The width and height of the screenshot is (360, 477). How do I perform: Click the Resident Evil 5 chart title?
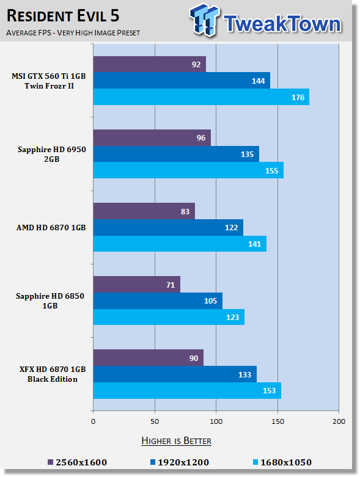pyautogui.click(x=63, y=16)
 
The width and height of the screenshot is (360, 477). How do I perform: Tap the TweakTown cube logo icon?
pyautogui.click(x=205, y=20)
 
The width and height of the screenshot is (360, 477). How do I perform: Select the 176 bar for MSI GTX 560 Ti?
pyautogui.click(x=201, y=97)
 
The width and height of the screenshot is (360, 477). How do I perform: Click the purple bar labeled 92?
pyautogui.click(x=149, y=64)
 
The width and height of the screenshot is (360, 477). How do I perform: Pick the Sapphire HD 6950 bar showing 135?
pyautogui.click(x=176, y=154)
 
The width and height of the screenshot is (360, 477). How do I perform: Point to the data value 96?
pyautogui.click(x=201, y=138)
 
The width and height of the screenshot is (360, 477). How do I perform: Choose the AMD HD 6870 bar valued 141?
pyautogui.click(x=180, y=244)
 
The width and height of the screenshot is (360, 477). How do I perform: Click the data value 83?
pyautogui.click(x=185, y=211)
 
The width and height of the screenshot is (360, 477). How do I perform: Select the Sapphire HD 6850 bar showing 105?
pyautogui.click(x=158, y=301)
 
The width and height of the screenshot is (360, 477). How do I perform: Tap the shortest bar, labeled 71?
pyautogui.click(x=137, y=285)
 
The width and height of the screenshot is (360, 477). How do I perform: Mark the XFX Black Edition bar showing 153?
pyautogui.click(x=187, y=390)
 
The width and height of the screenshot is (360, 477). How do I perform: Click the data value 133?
pyautogui.click(x=244, y=374)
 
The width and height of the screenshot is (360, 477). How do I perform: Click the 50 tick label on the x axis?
pyautogui.click(x=155, y=421)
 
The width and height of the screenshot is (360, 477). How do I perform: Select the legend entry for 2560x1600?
pyautogui.click(x=77, y=462)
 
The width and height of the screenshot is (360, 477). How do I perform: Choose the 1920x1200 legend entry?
pyautogui.click(x=180, y=462)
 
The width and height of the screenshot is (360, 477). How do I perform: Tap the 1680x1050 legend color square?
pyautogui.click(x=255, y=462)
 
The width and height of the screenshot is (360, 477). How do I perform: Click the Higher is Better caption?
pyautogui.click(x=176, y=441)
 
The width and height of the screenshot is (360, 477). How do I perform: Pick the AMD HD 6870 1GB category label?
pyautogui.click(x=51, y=228)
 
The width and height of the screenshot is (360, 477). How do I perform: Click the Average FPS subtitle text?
pyautogui.click(x=73, y=32)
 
